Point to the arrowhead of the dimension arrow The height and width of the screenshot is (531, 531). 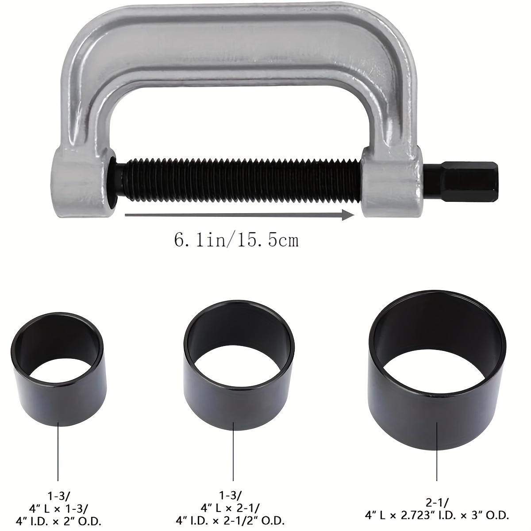pyautogui.click(x=350, y=215)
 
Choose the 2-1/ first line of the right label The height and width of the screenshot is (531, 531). pyautogui.click(x=437, y=502)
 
